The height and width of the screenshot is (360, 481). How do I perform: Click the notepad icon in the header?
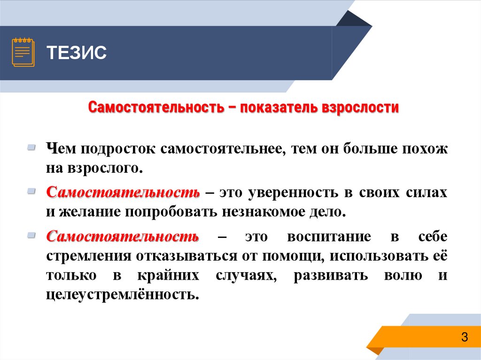coord(23,53)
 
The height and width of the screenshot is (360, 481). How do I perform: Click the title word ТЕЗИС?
coord(77,53)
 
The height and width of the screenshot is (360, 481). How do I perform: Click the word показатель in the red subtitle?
coord(279,107)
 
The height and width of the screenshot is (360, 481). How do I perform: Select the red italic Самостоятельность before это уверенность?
coord(123,193)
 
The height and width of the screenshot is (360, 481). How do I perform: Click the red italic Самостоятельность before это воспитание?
coord(123,237)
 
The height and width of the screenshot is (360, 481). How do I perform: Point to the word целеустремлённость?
coord(120,296)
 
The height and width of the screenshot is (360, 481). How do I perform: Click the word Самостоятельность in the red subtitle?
coord(155,107)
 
